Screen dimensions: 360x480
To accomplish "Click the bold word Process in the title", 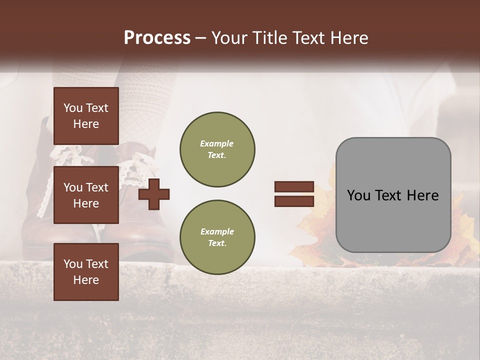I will click(157, 38).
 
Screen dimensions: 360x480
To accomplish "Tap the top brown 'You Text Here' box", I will click(86, 116).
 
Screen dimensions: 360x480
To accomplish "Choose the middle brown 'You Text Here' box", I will click(86, 195).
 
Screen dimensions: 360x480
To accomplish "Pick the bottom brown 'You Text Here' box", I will click(86, 271).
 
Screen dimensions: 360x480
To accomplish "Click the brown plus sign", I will click(154, 194).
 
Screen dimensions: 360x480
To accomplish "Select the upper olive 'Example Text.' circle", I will click(217, 149).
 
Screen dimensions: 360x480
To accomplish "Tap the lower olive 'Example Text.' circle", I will click(217, 237).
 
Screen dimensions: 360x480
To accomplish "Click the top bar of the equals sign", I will click(294, 187).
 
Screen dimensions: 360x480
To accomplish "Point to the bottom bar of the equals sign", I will click(294, 201).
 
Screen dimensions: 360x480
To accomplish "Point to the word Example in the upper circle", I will click(217, 143).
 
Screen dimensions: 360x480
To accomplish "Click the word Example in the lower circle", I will click(217, 231).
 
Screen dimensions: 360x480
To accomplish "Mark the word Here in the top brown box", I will click(86, 124).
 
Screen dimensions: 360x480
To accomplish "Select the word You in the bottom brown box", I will click(73, 264).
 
